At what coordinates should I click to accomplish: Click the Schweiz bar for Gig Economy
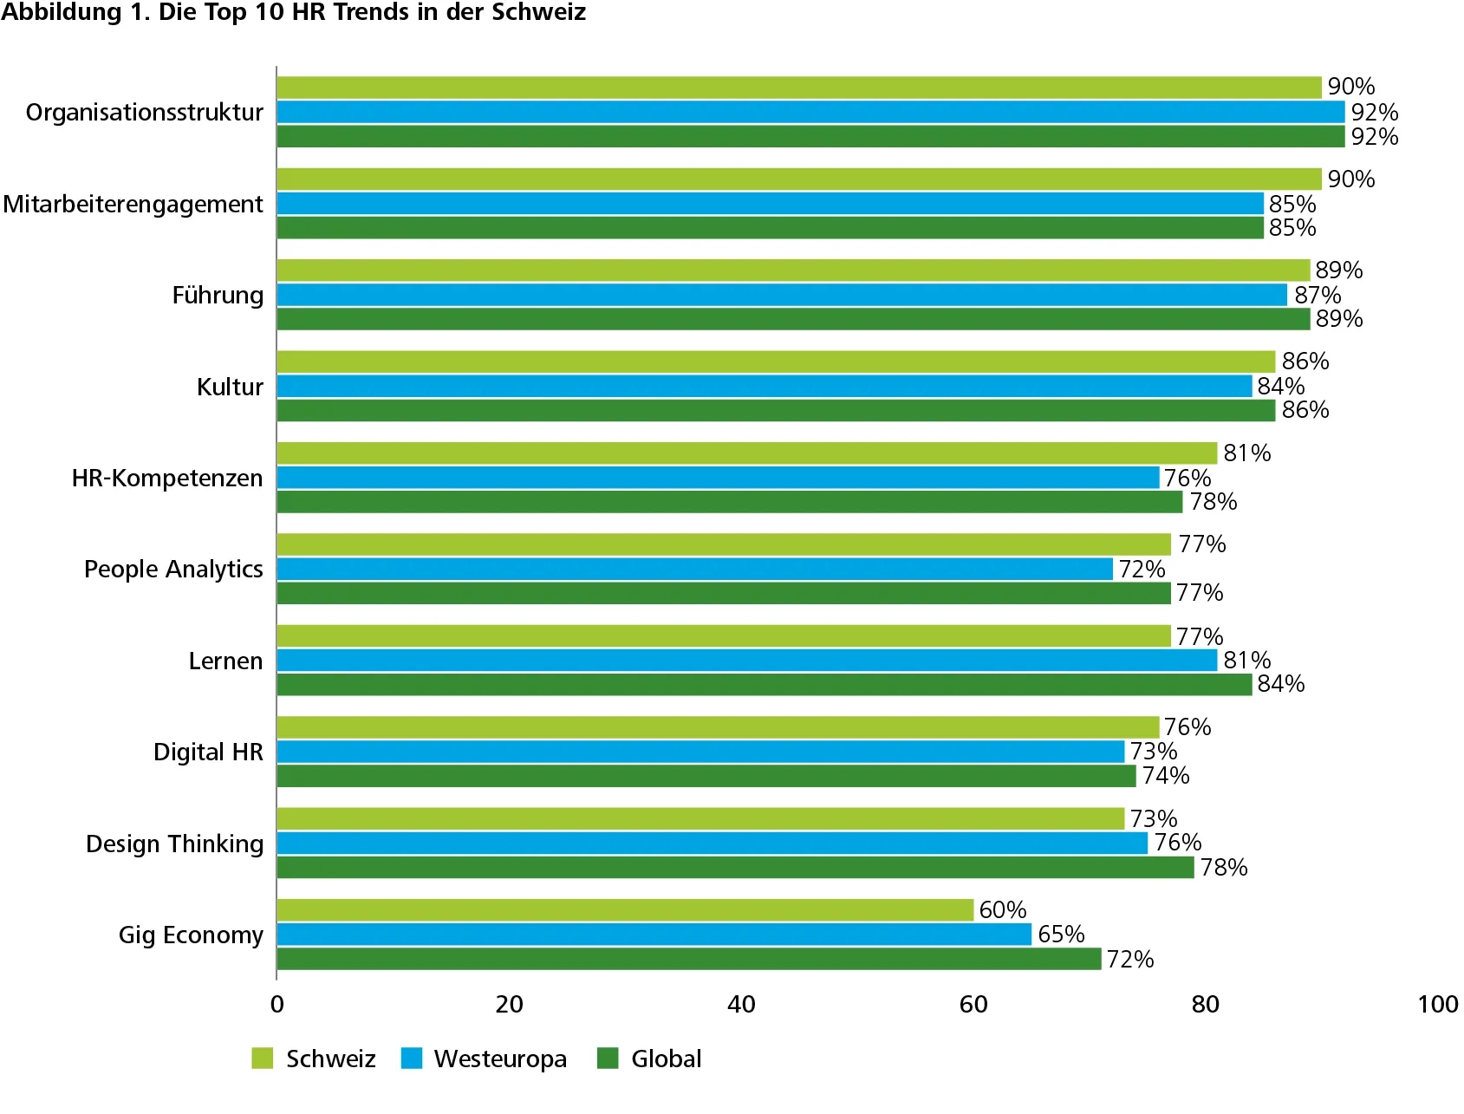pyautogui.click(x=625, y=910)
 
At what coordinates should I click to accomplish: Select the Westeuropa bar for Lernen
pyautogui.click(x=746, y=661)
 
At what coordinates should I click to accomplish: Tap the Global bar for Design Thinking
pyautogui.click(x=735, y=868)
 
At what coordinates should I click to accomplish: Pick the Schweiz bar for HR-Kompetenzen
pyautogui.click(x=746, y=453)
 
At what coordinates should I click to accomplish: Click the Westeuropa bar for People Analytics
pyautogui.click(x=694, y=570)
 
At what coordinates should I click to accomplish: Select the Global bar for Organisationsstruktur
pyautogui.click(x=810, y=137)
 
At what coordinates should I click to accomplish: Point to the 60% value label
pyautogui.click(x=1003, y=910)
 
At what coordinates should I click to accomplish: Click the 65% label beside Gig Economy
pyautogui.click(x=1061, y=935)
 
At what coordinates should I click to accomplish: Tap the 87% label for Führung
pyautogui.click(x=1318, y=296)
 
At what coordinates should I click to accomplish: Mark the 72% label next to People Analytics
pyautogui.click(x=1142, y=570)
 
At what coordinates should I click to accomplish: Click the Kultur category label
pyautogui.click(x=230, y=387)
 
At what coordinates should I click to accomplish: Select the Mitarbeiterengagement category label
pyautogui.click(x=133, y=205)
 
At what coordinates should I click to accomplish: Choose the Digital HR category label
pyautogui.click(x=208, y=752)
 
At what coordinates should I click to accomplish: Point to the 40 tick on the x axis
pyautogui.click(x=741, y=1005)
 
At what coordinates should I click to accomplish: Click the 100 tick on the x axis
pyautogui.click(x=1437, y=1005)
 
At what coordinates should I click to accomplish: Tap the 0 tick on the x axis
pyautogui.click(x=277, y=1005)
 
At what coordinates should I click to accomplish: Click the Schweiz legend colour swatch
pyautogui.click(x=263, y=1059)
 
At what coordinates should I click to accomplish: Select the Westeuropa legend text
pyautogui.click(x=500, y=1059)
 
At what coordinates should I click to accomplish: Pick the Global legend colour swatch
pyautogui.click(x=608, y=1059)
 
